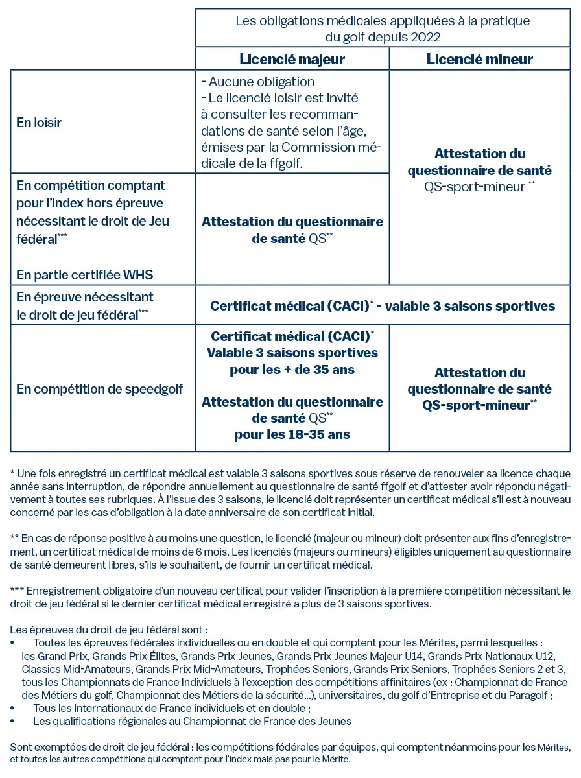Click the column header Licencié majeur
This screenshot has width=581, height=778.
coord(292,59)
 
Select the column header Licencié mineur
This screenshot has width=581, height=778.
coord(479,59)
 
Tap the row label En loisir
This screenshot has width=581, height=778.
coord(39,122)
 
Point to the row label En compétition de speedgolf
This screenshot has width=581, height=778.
coord(99,389)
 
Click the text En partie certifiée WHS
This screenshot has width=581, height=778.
coord(85,275)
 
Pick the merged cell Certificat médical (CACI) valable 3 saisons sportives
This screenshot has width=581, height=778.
coord(383,305)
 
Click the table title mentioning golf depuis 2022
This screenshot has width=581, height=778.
coord(383,29)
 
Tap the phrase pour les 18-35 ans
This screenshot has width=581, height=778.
coord(292,434)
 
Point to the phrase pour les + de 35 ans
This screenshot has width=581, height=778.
coord(292,370)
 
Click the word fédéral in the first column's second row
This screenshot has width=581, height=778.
coord(36,238)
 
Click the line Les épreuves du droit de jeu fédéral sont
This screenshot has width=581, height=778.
coord(110,630)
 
